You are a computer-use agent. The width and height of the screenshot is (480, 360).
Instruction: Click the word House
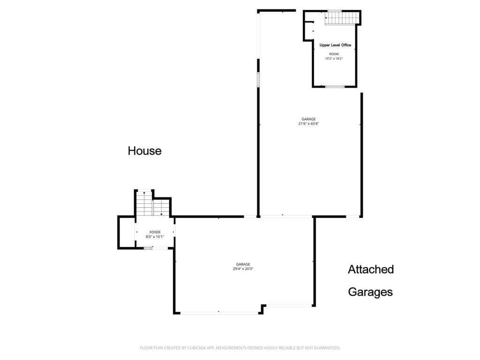[x=145, y=151]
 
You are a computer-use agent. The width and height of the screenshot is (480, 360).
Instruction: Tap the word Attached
[x=370, y=270]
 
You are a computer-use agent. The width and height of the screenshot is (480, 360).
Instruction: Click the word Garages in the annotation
[x=370, y=292]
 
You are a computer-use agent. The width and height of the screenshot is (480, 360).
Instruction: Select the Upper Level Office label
[x=335, y=45]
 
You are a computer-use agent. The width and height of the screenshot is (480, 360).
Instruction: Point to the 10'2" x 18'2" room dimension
[x=334, y=59]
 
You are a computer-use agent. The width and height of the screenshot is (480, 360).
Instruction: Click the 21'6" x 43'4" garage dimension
[x=308, y=124]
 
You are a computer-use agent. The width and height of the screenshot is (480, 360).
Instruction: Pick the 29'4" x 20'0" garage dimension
[x=243, y=269]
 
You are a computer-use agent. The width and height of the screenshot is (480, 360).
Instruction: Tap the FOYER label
[x=155, y=232]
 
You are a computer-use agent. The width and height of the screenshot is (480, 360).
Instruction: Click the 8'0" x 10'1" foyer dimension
[x=155, y=237]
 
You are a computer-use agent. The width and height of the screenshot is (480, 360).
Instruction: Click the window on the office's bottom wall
[x=335, y=87]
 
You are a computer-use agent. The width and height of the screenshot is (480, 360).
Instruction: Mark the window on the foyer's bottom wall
[x=148, y=248]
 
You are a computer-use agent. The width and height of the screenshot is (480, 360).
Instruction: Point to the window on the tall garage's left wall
[x=258, y=80]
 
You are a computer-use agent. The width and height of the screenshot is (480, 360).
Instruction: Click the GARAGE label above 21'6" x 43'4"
[x=308, y=119]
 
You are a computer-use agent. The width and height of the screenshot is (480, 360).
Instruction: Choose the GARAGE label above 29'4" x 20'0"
[x=243, y=264]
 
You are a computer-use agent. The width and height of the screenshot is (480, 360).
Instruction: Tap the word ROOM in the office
[x=334, y=54]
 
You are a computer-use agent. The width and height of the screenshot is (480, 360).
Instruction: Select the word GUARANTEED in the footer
[x=326, y=348]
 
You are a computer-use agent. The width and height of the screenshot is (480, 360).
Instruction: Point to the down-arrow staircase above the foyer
[x=161, y=208]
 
